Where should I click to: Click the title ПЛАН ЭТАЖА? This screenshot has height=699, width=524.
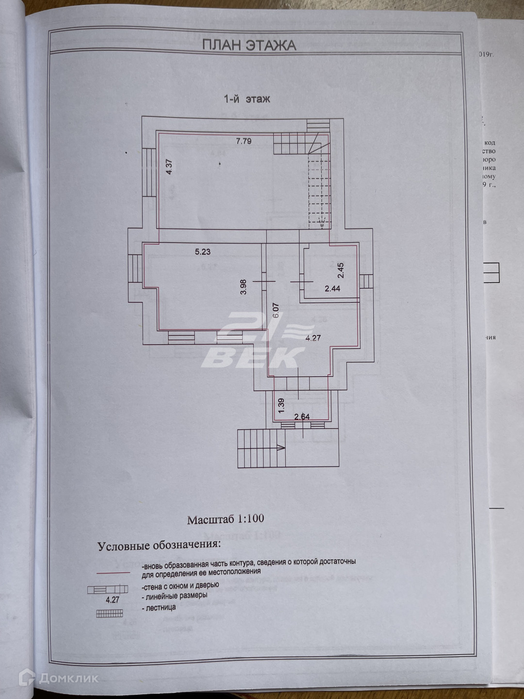[x=248, y=45]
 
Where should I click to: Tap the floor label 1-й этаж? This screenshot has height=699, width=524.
[x=246, y=99]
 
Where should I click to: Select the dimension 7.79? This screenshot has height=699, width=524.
[x=244, y=141]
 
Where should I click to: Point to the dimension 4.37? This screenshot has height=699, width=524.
[x=169, y=167]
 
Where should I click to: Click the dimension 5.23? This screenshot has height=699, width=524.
[x=203, y=251]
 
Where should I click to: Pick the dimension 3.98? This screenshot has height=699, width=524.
[x=244, y=286]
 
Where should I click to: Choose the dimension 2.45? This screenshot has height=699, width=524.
[x=341, y=270]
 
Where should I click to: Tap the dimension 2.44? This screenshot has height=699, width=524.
[x=333, y=288]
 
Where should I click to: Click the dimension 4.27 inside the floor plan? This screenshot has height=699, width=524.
[x=313, y=338]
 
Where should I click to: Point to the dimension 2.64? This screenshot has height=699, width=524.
[x=302, y=416]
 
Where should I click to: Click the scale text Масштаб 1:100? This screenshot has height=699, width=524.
[x=226, y=518]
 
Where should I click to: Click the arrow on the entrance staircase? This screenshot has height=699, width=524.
[x=280, y=448]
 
